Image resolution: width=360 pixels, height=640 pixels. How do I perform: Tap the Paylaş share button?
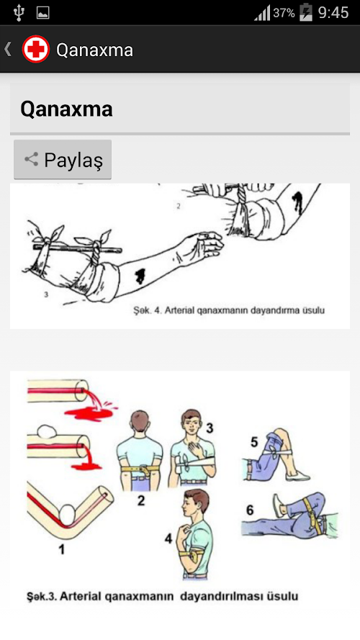(63, 159)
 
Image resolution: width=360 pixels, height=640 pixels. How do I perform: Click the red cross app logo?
(36, 49)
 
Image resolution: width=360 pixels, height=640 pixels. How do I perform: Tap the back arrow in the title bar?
(7, 49)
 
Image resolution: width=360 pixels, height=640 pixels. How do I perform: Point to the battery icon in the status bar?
(306, 13)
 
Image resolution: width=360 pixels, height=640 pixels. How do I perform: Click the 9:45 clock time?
(333, 13)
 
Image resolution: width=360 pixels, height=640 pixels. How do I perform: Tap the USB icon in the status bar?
(19, 13)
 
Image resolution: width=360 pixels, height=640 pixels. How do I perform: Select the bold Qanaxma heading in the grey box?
(66, 109)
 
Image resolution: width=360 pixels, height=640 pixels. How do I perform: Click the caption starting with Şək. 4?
(229, 310)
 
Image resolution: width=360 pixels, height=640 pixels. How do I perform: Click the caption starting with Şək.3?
(163, 596)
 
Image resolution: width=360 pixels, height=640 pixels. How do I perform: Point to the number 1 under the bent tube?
(62, 549)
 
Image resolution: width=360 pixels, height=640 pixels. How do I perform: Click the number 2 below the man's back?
(141, 500)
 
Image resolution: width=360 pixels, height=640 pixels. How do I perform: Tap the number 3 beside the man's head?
(210, 428)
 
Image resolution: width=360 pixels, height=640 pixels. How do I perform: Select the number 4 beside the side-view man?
(168, 538)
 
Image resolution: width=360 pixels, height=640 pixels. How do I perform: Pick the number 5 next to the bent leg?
(254, 441)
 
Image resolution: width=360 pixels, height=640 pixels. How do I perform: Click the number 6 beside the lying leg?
(250, 510)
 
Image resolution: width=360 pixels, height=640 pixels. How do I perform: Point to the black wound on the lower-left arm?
(140, 276)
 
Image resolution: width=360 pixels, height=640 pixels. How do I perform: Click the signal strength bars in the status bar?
(263, 13)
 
